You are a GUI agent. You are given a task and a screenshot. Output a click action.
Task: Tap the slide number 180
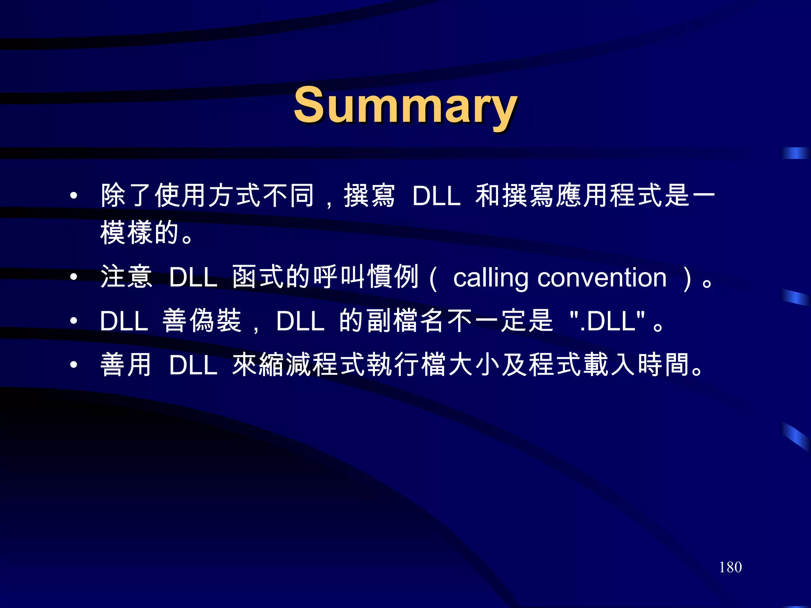tap(730, 567)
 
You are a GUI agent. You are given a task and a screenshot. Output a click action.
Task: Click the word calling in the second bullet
tap(490, 278)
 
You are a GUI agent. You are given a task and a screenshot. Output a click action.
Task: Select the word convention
tap(602, 278)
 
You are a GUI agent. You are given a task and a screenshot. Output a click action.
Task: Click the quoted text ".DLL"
tap(607, 321)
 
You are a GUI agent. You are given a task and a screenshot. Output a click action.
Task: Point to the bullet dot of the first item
tap(74, 195)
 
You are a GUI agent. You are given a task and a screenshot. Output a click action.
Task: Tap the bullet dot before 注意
tap(74, 277)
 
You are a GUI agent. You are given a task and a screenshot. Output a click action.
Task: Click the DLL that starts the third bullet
tap(124, 321)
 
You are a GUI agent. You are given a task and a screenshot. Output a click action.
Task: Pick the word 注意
tap(126, 277)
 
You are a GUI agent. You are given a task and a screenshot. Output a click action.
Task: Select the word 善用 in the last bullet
tap(126, 365)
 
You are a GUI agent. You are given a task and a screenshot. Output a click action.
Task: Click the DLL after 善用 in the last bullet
tap(193, 365)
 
